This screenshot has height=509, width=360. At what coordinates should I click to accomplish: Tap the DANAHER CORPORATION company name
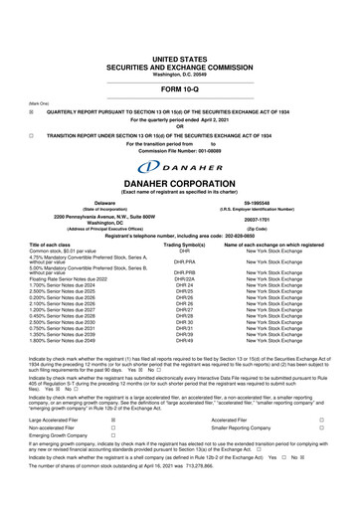pos(180,185)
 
